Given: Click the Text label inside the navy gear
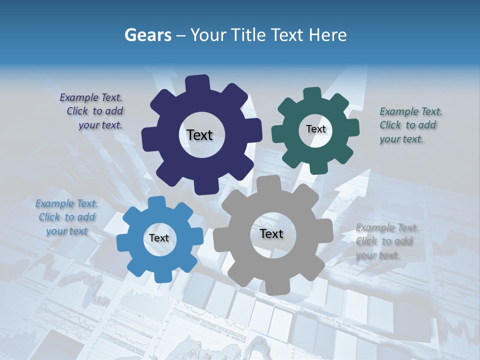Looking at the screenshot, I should pyautogui.click(x=199, y=135).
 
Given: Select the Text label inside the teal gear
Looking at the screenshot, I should pyautogui.click(x=315, y=129).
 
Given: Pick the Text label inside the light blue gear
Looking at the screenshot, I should pyautogui.click(x=159, y=238).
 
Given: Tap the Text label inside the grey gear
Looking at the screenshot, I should pyautogui.click(x=271, y=234).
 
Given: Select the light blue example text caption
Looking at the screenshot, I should pyautogui.click(x=66, y=217).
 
